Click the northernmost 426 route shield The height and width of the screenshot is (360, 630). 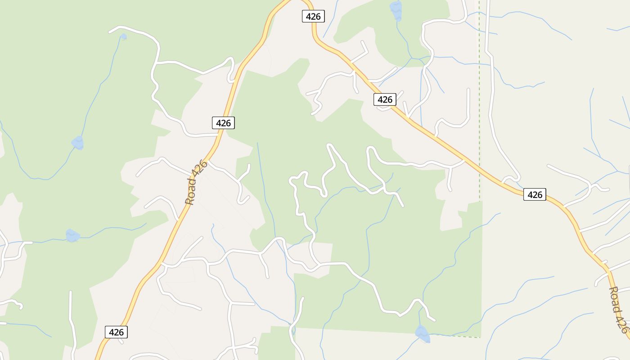click(313, 17)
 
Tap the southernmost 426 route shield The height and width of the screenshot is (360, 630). click(116, 332)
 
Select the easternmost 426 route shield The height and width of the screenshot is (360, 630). click(535, 194)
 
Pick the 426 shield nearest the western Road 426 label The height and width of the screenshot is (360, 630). click(223, 122)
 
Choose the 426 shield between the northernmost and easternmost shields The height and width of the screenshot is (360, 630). click(385, 99)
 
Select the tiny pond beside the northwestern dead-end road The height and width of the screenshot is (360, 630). click(123, 37)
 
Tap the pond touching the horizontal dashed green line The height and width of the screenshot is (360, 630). click(422, 333)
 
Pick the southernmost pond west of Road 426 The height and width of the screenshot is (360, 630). click(72, 235)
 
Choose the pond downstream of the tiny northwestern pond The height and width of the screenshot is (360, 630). click(78, 143)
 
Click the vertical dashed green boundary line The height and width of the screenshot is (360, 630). click(479, 90)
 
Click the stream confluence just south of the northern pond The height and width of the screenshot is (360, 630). click(411, 58)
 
